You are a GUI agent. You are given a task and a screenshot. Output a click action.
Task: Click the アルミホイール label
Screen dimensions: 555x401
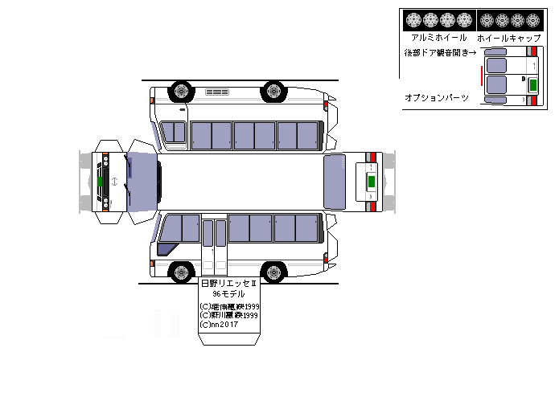pyautogui.click(x=438, y=38)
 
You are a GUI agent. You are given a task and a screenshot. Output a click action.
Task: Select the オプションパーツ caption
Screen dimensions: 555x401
pyautogui.click(x=437, y=97)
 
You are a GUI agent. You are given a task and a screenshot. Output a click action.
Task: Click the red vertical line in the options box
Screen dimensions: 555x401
pyautogui.click(x=482, y=76)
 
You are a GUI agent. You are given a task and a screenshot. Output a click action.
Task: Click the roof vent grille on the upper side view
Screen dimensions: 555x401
pyautogui.click(x=216, y=92)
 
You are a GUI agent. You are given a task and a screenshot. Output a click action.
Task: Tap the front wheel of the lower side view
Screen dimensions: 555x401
pyautogui.click(x=179, y=272)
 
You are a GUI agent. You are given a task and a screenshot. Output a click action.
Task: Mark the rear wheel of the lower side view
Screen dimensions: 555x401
pyautogui.click(x=275, y=272)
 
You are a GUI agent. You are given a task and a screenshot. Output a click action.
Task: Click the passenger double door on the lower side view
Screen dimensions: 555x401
pyautogui.click(x=213, y=245)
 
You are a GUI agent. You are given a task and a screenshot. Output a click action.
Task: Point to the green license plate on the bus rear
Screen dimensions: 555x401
pyautogui.click(x=371, y=179)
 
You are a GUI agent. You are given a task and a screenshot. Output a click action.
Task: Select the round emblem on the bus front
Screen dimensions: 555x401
pyautogui.click(x=114, y=181)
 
